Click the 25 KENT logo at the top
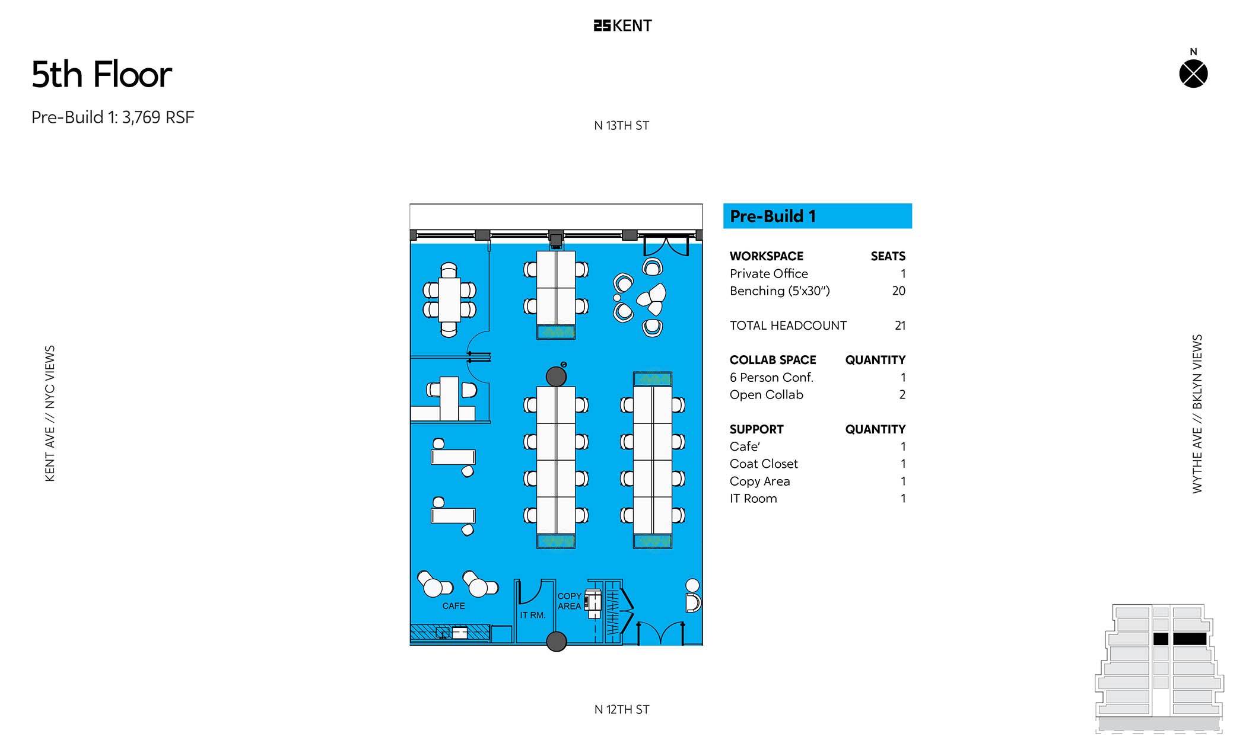pos(622,25)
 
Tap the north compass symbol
pos(1193,74)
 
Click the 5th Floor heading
pos(101,75)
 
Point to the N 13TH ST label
pos(622,126)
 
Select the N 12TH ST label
pos(622,710)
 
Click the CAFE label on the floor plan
pos(454,606)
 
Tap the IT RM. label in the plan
pos(533,615)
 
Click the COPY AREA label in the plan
pos(570,601)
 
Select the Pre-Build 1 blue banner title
pos(773,216)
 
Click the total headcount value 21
pos(900,326)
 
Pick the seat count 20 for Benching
pos(899,291)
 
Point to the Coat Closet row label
pos(764,464)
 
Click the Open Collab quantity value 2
pos(902,395)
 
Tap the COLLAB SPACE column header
pos(773,360)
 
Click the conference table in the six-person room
pos(449,299)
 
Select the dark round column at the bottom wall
pos(556,641)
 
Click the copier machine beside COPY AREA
pos(593,602)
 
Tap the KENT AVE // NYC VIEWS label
pos(50,413)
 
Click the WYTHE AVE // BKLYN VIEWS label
pos(1197,414)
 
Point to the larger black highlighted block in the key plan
pos(1190,639)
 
